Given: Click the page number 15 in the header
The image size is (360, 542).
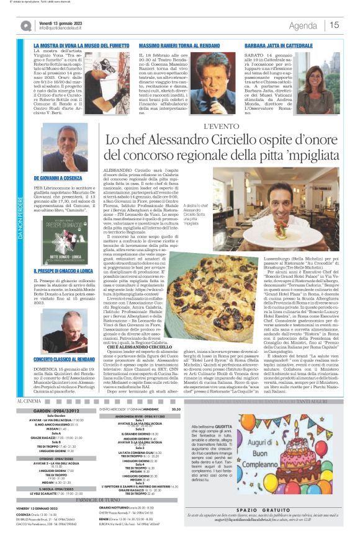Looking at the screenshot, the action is (x=334, y=25).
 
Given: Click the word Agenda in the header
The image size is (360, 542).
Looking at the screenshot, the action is (x=302, y=25).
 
